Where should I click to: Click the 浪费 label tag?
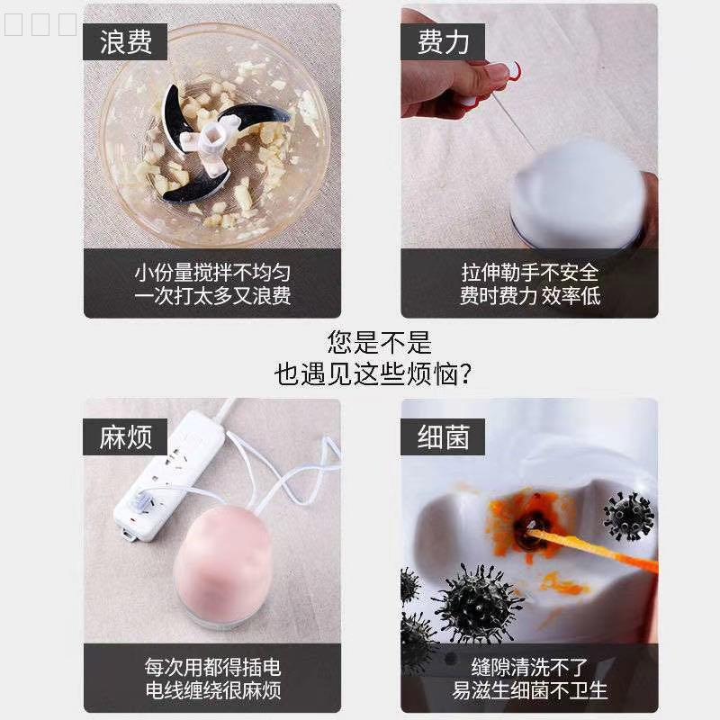pos(125,41)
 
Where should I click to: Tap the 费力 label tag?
pos(443,41)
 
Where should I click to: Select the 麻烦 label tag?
pos(125,436)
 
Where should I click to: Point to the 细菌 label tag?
pos(443,436)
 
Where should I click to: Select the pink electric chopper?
pos(223,567)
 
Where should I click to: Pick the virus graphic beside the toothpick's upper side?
pos(628,516)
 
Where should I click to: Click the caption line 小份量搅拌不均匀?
pos(212,273)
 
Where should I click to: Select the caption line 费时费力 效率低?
pos(530,296)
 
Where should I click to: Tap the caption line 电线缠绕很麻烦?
pos(213,690)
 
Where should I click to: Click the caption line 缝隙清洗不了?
pos(529,667)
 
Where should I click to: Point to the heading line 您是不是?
pos(379,343)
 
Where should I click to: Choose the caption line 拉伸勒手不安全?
pos(530,273)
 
